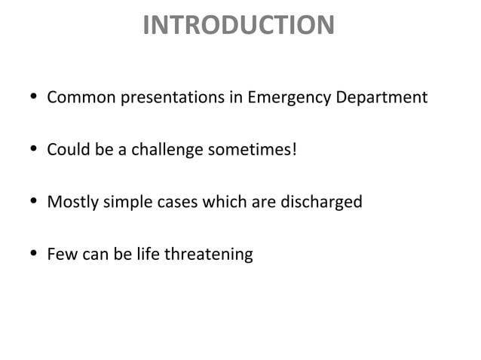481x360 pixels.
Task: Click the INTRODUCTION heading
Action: (238, 26)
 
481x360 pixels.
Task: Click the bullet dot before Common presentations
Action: (29, 99)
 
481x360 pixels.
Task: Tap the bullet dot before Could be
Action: (29, 151)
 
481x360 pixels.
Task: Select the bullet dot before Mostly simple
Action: (29, 203)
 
